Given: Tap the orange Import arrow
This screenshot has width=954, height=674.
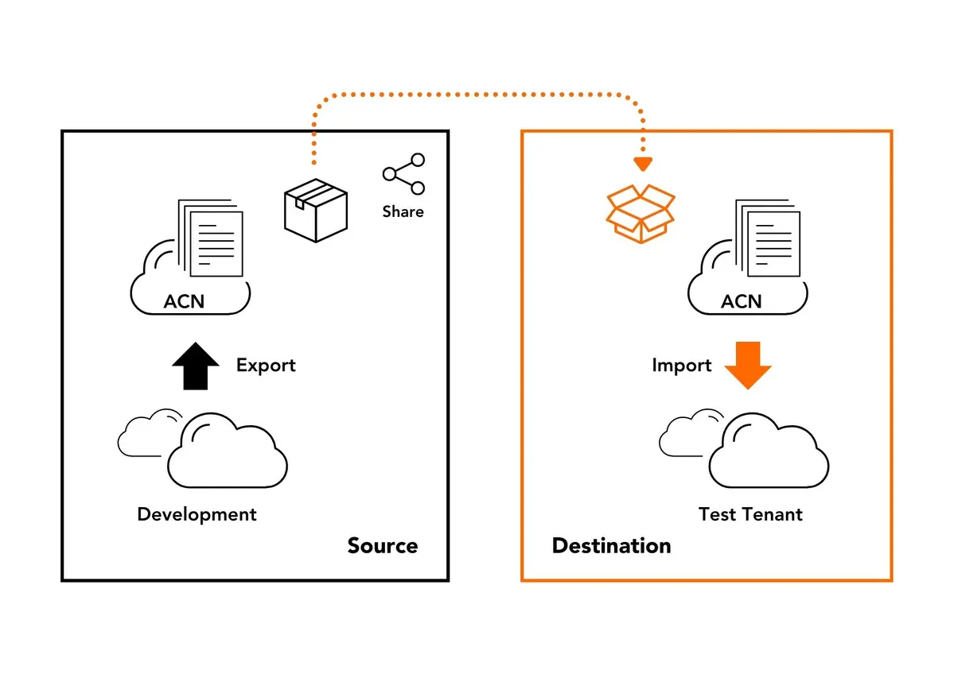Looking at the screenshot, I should point(748,366).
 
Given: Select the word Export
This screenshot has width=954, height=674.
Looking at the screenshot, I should point(266,366).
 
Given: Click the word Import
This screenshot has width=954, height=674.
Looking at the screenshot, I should point(681,366).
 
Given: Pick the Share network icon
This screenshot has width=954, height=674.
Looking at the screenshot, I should point(403,174).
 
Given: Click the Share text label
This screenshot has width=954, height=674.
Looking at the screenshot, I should point(403,211).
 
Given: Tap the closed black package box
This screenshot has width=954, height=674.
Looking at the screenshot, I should point(316,210).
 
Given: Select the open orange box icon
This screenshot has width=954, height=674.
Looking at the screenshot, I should point(640,212).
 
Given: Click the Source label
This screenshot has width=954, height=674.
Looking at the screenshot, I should point(382,546).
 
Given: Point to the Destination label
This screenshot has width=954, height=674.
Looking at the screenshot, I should point(611,546).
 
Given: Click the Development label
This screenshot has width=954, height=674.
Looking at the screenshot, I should point(197,514).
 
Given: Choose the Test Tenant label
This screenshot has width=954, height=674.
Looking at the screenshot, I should point(750,514).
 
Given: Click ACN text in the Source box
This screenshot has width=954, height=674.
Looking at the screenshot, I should point(184,302).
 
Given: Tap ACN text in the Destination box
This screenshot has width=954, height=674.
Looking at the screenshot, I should point(741,302).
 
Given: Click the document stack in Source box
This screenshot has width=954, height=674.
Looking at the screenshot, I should point(211,238).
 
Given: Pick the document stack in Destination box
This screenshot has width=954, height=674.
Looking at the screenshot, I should point(768,238).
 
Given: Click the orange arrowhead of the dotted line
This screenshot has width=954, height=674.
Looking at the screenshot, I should point(643,165).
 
